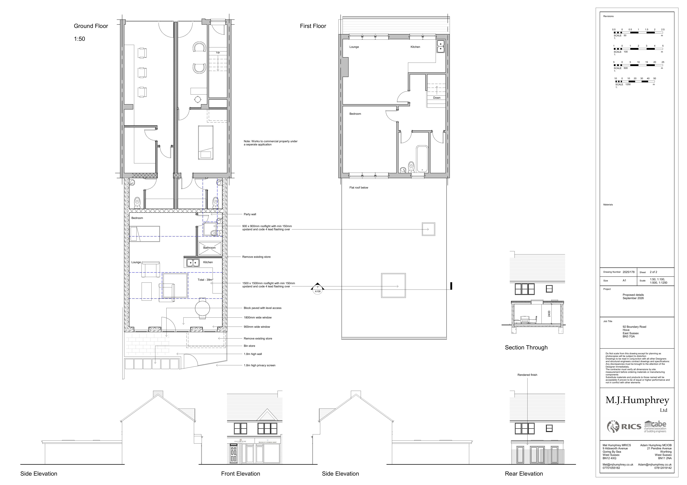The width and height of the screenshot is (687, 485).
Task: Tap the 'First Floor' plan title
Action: click(x=313, y=26)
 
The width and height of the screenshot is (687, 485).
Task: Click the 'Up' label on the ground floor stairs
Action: click(x=218, y=52)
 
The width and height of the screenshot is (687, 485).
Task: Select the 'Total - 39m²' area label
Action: click(x=205, y=280)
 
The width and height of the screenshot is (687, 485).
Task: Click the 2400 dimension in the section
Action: click(x=549, y=314)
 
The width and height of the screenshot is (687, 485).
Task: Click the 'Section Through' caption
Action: click(x=526, y=347)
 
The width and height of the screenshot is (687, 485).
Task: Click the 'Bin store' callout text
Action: click(x=249, y=346)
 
